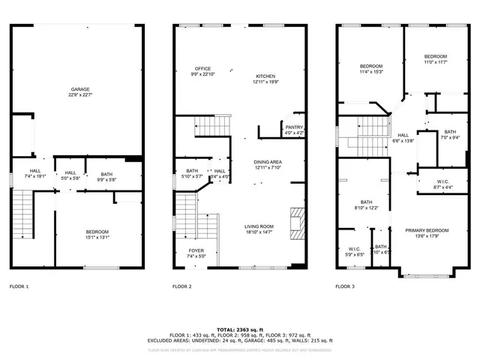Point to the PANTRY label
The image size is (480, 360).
click(x=294, y=127)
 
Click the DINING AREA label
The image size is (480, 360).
click(x=267, y=161)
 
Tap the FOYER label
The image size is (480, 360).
click(x=195, y=250)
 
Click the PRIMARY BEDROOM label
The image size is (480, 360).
click(x=427, y=230)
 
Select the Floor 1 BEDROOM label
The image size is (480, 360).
click(x=97, y=232)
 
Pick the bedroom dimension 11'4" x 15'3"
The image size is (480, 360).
click(x=371, y=72)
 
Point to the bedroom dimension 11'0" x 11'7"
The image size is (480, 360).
click(x=435, y=62)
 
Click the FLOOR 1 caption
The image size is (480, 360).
click(x=19, y=286)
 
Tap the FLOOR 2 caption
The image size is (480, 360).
click(x=182, y=286)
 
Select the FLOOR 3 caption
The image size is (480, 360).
click(x=345, y=286)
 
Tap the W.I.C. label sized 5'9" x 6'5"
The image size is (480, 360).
click(x=355, y=249)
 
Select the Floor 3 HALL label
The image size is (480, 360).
click(x=403, y=136)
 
